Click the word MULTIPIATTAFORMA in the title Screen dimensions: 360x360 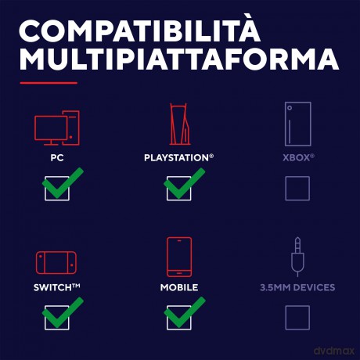point(179,59)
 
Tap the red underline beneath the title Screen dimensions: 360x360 point(49,83)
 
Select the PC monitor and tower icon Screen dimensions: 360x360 point(57,128)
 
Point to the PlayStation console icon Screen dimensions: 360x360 point(179,124)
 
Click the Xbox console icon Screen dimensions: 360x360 point(297,124)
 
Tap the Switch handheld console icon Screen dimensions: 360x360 point(56,263)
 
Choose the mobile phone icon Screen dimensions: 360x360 point(179,257)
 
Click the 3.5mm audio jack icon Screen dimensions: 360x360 point(297,257)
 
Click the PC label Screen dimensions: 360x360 point(57,158)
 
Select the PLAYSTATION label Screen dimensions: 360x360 point(178,157)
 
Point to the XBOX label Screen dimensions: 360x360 point(298,157)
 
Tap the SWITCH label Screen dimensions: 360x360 point(56,287)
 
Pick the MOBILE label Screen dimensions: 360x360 point(179,287)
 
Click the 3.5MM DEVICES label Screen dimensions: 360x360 point(297,287)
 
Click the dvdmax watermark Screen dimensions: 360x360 point(334,351)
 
